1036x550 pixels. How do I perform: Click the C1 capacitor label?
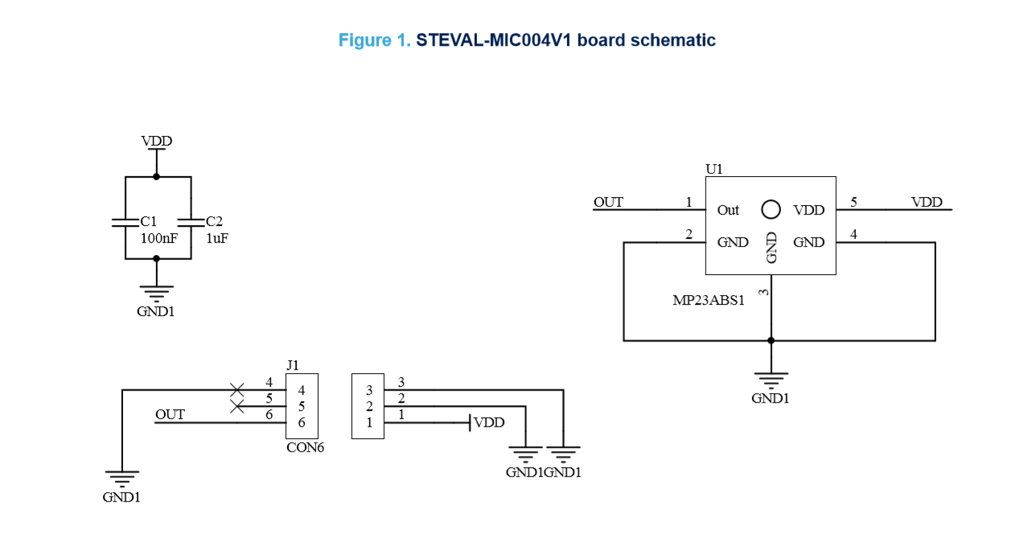(149, 221)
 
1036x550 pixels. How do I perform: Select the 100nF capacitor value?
(159, 239)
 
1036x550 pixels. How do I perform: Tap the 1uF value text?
(217, 239)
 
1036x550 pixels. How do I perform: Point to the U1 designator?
(714, 169)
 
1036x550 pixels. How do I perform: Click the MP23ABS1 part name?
(709, 301)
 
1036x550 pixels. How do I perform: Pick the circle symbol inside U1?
(771, 209)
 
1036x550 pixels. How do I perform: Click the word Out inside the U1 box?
(728, 210)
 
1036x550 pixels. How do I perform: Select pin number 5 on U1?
(853, 202)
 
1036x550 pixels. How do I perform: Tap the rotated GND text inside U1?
(771, 248)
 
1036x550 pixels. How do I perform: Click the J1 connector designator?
(293, 366)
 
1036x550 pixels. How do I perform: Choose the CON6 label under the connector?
(305, 448)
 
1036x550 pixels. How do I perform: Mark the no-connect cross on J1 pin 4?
(236, 390)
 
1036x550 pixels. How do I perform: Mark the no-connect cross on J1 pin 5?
(236, 406)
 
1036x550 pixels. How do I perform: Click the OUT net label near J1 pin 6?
(170, 415)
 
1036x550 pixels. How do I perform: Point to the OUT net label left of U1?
(608, 202)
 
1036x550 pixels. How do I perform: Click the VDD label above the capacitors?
(157, 142)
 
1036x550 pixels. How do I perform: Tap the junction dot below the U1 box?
(771, 340)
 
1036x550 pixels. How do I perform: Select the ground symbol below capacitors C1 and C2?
(156, 293)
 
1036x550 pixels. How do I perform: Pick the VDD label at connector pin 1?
(489, 422)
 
